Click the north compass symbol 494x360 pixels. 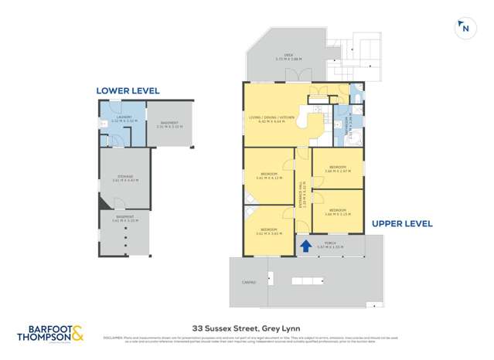point(465,28)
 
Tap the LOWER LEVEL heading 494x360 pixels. point(128,90)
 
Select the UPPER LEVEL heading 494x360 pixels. point(402,223)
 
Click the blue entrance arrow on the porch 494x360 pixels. point(306,246)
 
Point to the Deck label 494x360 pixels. point(288,56)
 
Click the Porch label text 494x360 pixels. point(329,244)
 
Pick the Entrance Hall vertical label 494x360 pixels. point(303,193)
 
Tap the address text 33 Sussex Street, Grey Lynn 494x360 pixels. point(247,327)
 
